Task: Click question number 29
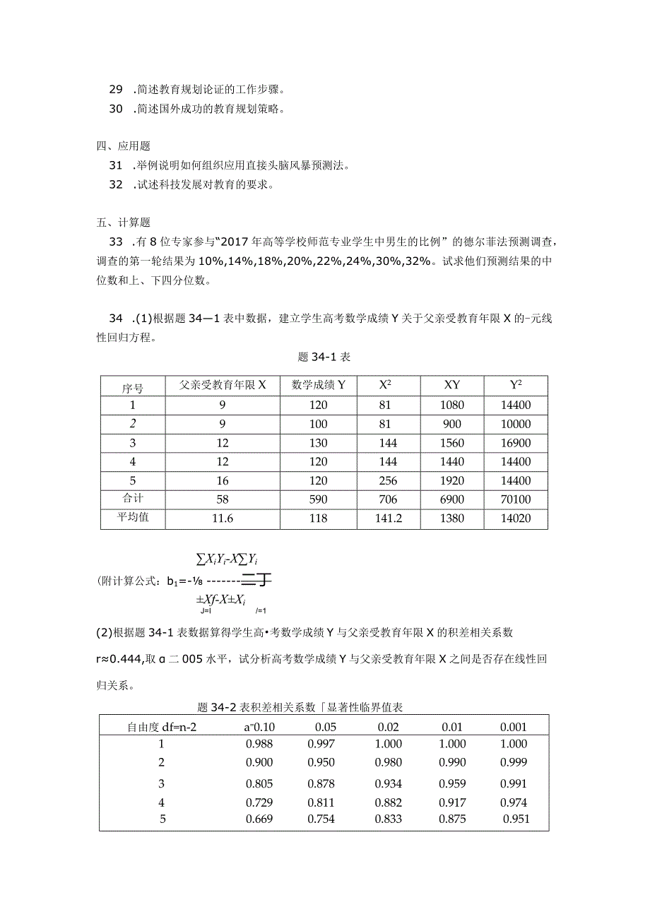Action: [116, 90]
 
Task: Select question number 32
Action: [116, 185]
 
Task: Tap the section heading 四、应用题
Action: [124, 146]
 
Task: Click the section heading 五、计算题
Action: [124, 223]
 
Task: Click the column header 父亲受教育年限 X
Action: [222, 386]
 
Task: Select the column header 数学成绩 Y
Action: [318, 386]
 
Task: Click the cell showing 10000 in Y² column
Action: [514, 425]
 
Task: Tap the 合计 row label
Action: [132, 499]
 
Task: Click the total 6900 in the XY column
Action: [451, 500]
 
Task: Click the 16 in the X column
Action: [222, 481]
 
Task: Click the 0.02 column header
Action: [388, 727]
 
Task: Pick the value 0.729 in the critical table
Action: [259, 802]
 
